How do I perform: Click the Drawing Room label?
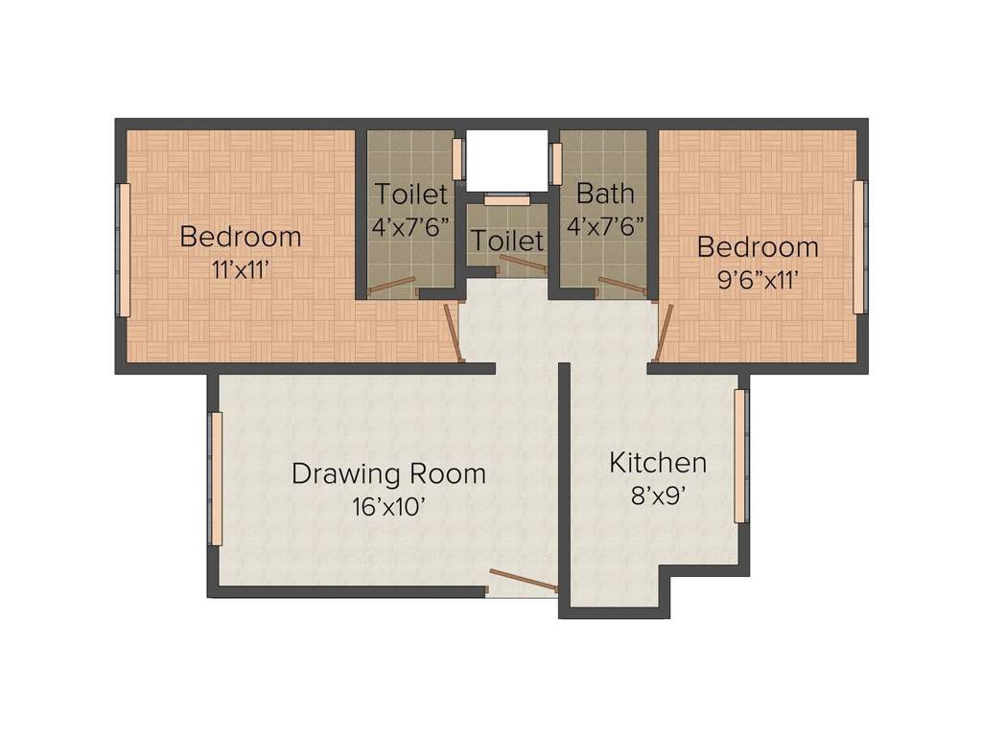click(388, 473)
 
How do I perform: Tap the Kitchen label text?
click(658, 463)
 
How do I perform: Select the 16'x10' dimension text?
click(388, 507)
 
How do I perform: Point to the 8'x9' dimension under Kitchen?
click(658, 497)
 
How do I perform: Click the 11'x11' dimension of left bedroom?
click(240, 269)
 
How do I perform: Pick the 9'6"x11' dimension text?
click(758, 280)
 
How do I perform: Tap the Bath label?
click(605, 193)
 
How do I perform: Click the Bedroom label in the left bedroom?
click(240, 236)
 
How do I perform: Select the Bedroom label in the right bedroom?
click(758, 247)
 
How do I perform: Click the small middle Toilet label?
click(506, 240)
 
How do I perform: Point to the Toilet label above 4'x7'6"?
click(410, 194)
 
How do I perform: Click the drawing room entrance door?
click(523, 580)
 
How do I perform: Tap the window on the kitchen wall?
click(740, 455)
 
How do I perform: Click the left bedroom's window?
click(123, 249)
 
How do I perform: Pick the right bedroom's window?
click(859, 246)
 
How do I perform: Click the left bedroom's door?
click(454, 333)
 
